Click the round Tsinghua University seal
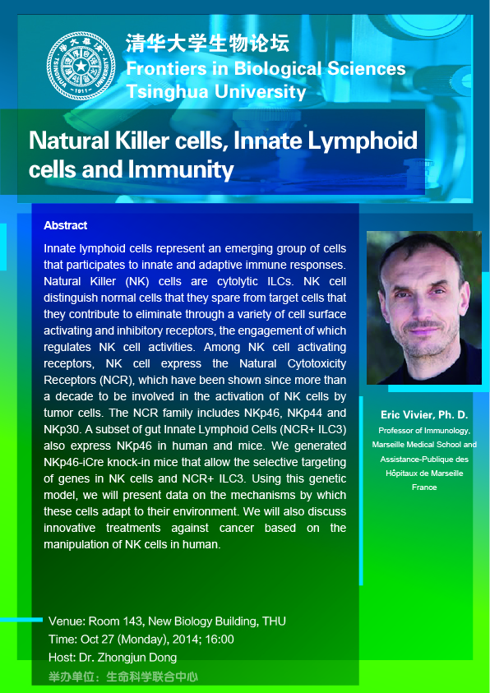click(x=81, y=66)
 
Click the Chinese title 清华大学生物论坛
click(x=208, y=44)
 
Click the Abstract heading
click(x=66, y=225)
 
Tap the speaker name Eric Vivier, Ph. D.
click(x=424, y=415)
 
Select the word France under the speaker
click(x=424, y=487)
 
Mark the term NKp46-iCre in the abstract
click(x=69, y=462)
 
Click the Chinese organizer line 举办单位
click(x=122, y=677)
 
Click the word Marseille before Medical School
click(x=387, y=445)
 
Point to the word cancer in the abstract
click(x=235, y=528)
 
